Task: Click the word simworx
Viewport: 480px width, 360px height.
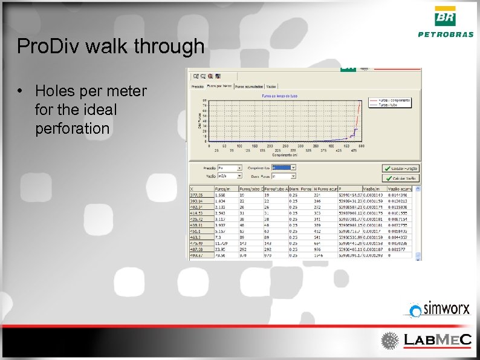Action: (x=446, y=309)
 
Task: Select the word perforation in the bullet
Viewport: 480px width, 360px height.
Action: (x=72, y=129)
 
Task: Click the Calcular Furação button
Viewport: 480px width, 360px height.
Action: (x=400, y=168)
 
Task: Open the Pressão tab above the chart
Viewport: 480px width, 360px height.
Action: (x=198, y=87)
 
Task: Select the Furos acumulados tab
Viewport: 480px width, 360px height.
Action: (x=248, y=87)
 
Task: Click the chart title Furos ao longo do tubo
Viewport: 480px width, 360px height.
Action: (x=278, y=96)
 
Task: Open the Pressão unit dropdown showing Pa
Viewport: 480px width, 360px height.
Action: (x=230, y=168)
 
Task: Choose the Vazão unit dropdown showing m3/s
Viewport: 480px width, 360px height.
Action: (x=230, y=176)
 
